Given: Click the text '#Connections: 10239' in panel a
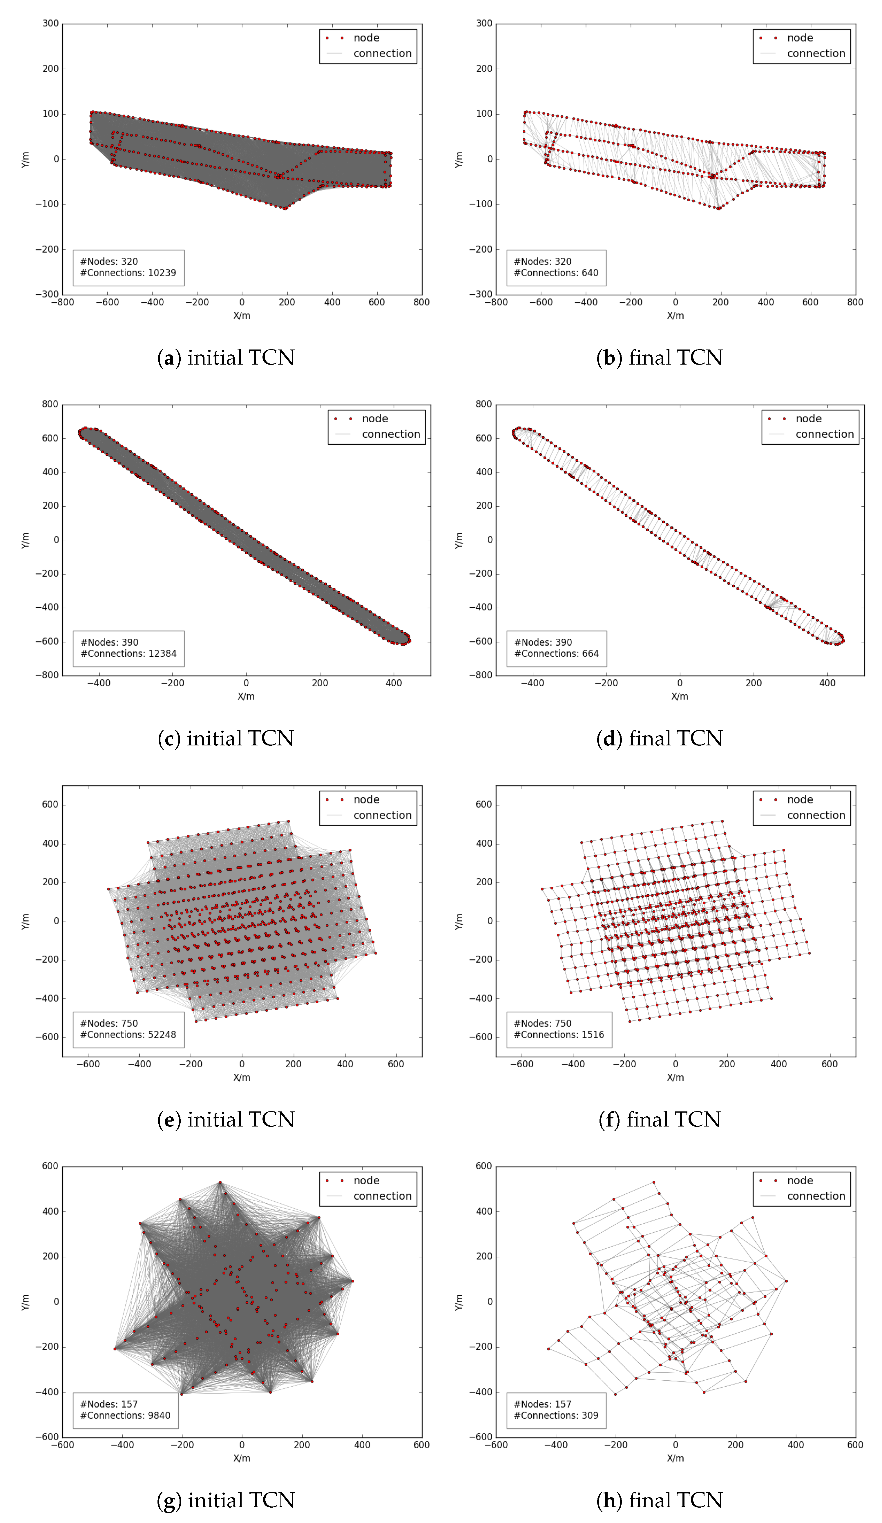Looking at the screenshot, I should coord(128,273).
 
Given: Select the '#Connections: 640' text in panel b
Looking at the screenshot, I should coord(555,273).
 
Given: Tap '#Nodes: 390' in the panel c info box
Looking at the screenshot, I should coord(109,642).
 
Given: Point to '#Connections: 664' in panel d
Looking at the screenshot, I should coord(556,653).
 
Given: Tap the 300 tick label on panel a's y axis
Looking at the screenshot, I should coord(51,23).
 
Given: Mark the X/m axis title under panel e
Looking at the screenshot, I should coord(242,1077).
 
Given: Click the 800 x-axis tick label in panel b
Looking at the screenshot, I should coord(855,302).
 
